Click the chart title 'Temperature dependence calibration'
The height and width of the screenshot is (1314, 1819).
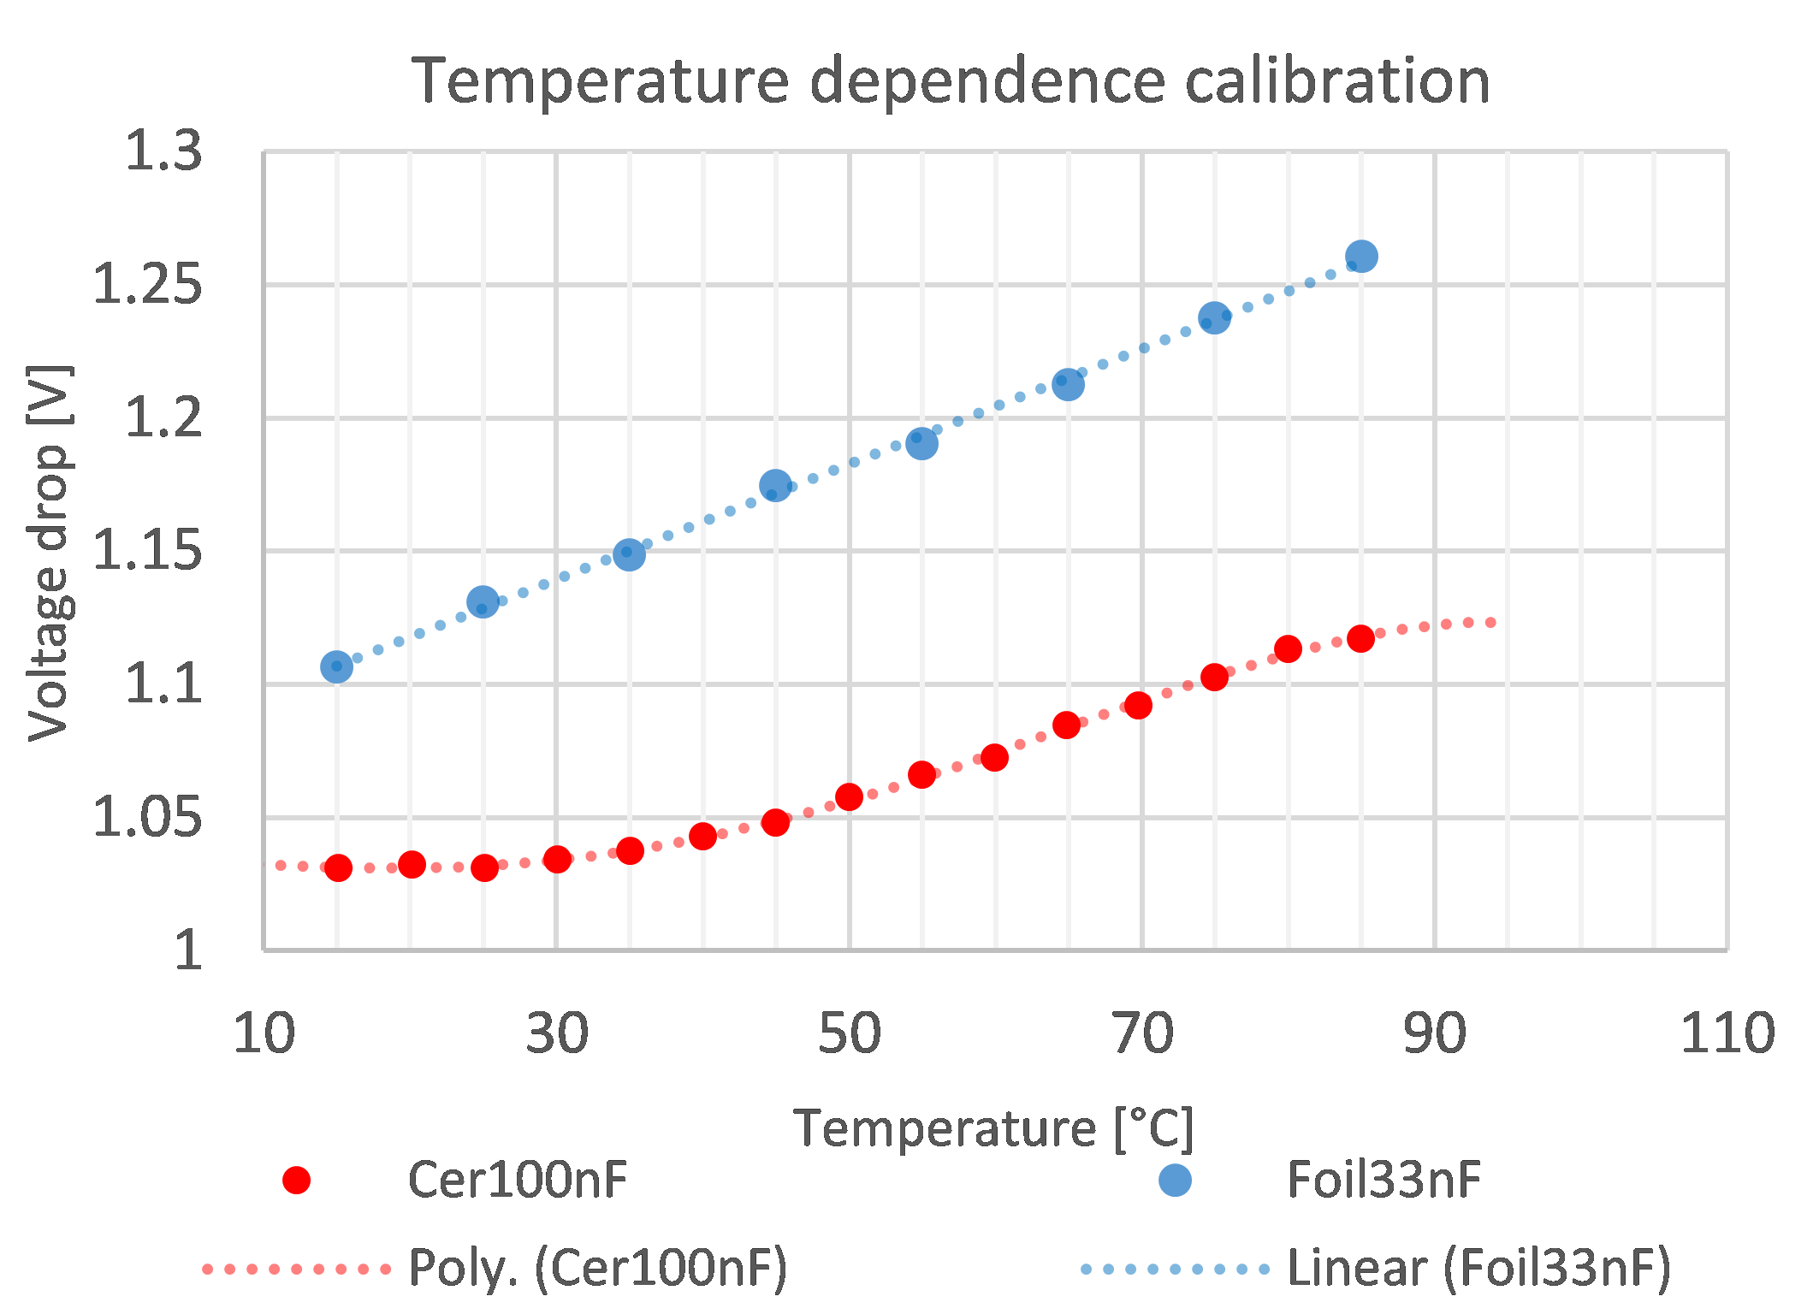(x=951, y=80)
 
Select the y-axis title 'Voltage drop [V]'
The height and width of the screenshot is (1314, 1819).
(x=49, y=553)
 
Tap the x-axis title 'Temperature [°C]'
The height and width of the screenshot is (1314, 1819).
(x=993, y=1128)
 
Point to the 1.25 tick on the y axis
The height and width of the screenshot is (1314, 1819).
(x=147, y=284)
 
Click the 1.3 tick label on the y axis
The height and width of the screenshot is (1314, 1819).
(x=163, y=151)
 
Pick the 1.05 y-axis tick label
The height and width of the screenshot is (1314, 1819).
(x=147, y=817)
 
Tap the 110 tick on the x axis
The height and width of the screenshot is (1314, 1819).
(x=1727, y=1033)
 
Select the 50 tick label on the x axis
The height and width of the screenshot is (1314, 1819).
(x=849, y=1033)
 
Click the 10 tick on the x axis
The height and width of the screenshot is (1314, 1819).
(x=264, y=1033)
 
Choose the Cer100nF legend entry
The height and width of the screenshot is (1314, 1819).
(x=517, y=1180)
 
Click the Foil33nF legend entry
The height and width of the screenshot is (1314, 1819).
(x=1384, y=1180)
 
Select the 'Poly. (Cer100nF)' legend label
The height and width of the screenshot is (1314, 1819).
(x=597, y=1267)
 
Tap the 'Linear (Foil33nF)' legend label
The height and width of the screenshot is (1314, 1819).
(x=1478, y=1267)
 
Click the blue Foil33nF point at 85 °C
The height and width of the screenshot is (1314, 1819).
(x=1361, y=256)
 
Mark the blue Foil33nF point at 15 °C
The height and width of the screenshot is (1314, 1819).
(x=336, y=666)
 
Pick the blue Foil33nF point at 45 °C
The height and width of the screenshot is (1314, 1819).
(x=775, y=486)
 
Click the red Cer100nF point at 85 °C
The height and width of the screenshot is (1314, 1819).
(x=1360, y=638)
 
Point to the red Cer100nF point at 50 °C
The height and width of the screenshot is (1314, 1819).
(x=849, y=796)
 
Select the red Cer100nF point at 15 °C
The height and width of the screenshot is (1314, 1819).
(x=338, y=867)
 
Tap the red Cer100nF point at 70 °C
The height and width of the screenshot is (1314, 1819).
(x=1138, y=705)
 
